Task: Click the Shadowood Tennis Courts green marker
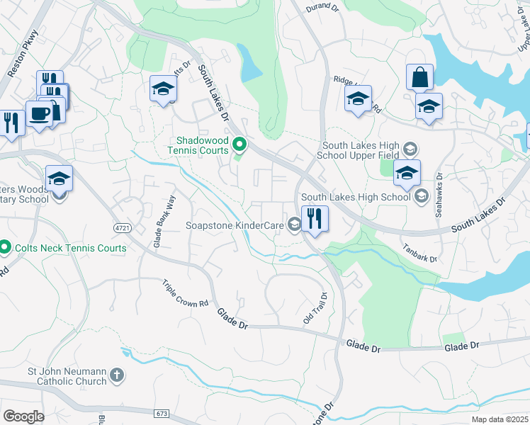[x=239, y=145]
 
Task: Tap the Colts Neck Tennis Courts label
[x=68, y=248]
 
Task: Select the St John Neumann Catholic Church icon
[x=118, y=375]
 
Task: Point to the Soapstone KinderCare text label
[x=235, y=226]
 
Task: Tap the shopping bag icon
[x=419, y=76]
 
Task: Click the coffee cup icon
[x=39, y=114]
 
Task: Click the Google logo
[x=23, y=416]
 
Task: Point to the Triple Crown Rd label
[x=184, y=293]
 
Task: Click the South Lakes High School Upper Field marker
[x=409, y=149]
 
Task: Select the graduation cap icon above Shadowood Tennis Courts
[x=163, y=89]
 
